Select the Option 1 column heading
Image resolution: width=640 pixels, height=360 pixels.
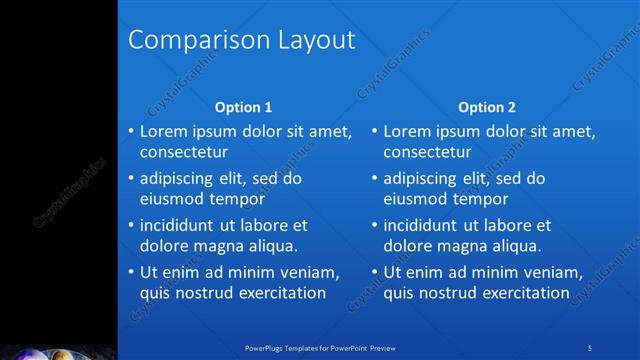(244, 107)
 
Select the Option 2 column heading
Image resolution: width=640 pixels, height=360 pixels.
(487, 107)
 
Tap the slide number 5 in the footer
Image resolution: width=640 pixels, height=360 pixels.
(591, 347)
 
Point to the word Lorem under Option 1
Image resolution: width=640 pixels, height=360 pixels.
(163, 131)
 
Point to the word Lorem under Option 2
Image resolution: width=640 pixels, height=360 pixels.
(407, 131)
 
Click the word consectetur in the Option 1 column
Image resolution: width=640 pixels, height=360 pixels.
(183, 152)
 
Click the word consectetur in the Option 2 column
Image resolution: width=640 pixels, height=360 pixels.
(427, 152)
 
